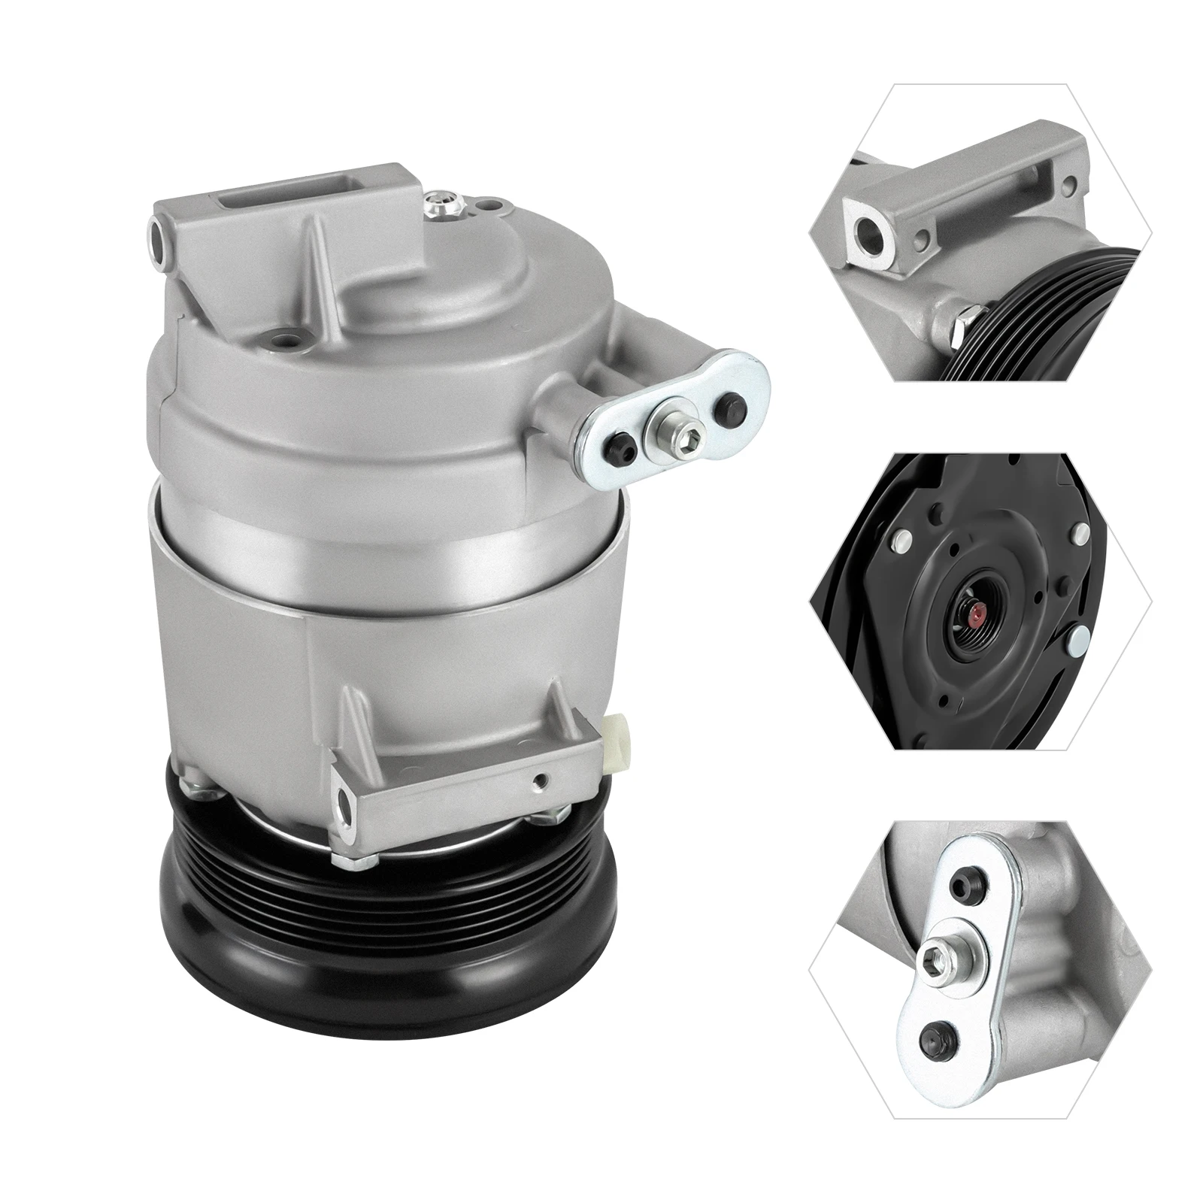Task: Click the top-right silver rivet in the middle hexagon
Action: [1083, 533]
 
